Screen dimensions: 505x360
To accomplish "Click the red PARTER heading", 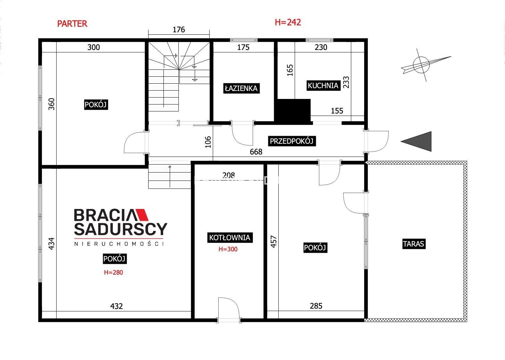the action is (72, 24).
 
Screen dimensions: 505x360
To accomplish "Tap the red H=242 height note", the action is (288, 22).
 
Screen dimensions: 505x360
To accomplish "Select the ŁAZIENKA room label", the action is (241, 88).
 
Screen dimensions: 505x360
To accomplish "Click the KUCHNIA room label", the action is (323, 86).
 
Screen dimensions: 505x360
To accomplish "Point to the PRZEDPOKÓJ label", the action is (292, 141).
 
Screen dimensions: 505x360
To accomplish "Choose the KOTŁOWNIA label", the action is (230, 237).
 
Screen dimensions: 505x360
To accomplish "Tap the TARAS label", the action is (414, 244).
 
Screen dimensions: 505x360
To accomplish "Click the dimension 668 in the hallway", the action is (256, 152).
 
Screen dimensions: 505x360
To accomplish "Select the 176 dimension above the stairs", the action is (178, 30).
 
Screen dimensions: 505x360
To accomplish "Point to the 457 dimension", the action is (273, 242).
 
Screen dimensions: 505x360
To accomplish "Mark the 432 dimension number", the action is (116, 306).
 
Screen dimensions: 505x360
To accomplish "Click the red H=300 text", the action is (228, 249).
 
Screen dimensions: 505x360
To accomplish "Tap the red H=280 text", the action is (113, 273).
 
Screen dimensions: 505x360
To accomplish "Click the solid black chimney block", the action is (292, 111).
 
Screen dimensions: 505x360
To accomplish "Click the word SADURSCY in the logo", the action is (121, 229).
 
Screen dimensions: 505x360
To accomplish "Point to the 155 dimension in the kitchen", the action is (337, 111).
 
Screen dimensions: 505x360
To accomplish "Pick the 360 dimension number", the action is (52, 104).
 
